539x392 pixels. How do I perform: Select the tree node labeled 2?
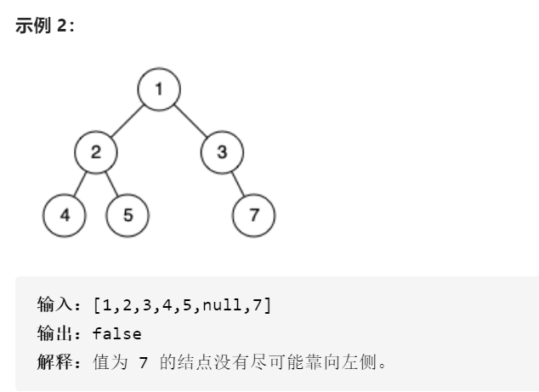tap(95, 153)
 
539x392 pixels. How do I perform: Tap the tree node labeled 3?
tap(222, 153)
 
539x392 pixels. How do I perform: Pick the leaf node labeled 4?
tap(65, 214)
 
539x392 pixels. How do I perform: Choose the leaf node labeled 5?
tap(127, 214)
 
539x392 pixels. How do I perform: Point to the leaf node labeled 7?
tap(253, 214)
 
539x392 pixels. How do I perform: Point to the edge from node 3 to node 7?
tap(238, 184)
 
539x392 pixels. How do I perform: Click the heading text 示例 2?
tap(45, 26)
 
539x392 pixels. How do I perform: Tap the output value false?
tap(117, 334)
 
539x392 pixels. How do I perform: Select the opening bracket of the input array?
tap(98, 305)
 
